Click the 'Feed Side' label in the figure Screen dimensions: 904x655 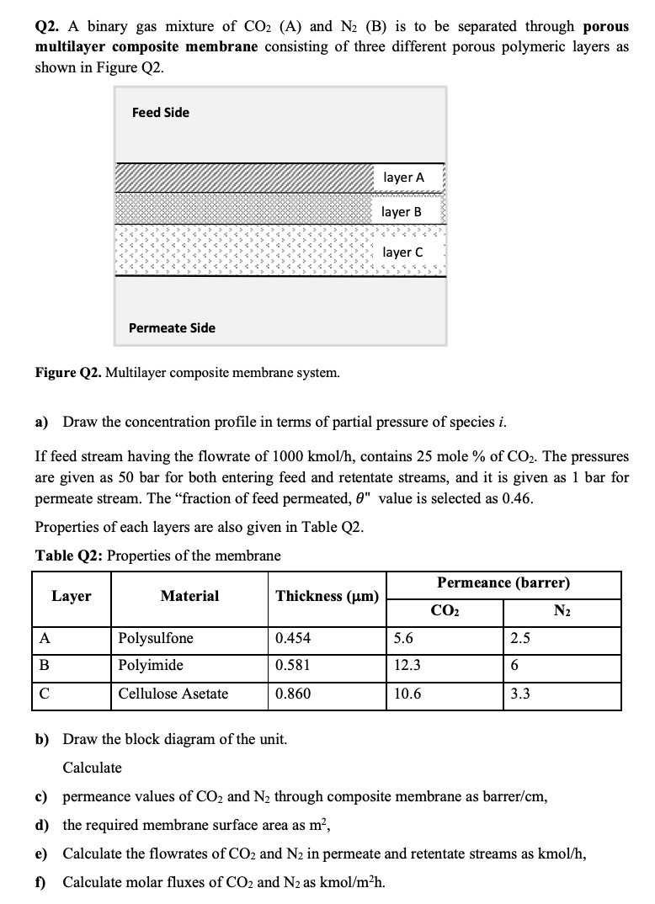point(160,113)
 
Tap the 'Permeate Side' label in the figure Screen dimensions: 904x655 point(172,328)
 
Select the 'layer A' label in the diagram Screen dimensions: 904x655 point(403,178)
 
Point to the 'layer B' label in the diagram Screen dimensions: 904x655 point(402,212)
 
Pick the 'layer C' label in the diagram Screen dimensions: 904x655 point(402,253)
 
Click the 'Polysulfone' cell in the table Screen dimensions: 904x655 point(156,638)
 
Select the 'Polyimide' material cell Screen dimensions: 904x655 point(151,666)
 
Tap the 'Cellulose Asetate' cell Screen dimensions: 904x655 point(173,694)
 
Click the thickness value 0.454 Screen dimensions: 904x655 point(292,638)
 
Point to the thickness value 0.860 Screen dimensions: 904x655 point(292,694)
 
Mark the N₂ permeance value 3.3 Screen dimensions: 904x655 point(520,694)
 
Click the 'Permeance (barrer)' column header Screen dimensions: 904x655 point(503,582)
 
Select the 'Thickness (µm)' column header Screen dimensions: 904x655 point(327,597)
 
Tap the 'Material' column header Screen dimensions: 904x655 point(189,596)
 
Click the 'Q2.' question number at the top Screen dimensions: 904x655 point(48,26)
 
